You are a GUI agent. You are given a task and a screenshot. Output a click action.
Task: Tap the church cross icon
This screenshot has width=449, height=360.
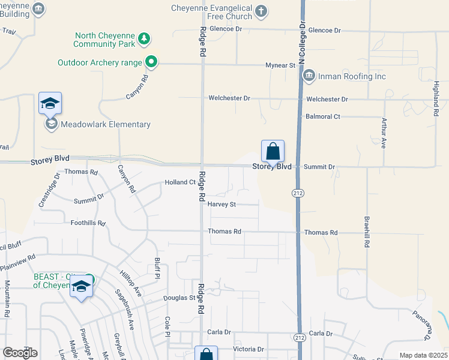[x=261, y=10]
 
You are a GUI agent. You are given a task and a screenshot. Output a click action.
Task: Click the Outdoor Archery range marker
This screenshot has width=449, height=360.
[x=151, y=61]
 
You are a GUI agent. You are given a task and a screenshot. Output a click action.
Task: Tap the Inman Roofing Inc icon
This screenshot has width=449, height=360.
[x=309, y=76]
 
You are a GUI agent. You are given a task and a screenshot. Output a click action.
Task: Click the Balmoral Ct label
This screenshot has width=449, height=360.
[x=323, y=116]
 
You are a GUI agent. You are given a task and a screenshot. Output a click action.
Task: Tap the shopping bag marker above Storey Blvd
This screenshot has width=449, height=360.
[x=273, y=152]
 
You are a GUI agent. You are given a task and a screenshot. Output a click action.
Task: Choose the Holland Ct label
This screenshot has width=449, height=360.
[x=181, y=182]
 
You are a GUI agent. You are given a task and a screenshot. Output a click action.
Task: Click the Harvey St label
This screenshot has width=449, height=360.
[x=222, y=204]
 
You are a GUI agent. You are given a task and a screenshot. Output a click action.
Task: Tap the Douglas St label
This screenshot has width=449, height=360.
[x=180, y=298]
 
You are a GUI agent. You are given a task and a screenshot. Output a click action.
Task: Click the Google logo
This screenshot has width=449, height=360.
[x=20, y=353]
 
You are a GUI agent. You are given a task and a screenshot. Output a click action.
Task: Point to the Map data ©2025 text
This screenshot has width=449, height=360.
[x=423, y=355]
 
